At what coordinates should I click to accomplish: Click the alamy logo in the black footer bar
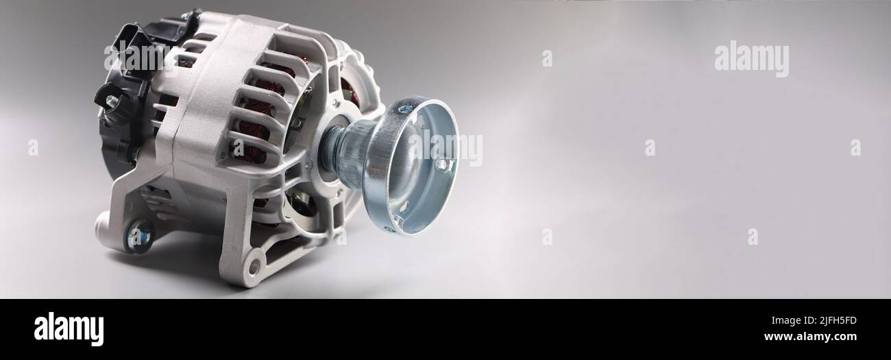pyautogui.click(x=69, y=329)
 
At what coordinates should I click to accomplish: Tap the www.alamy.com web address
pyautogui.click(x=810, y=337)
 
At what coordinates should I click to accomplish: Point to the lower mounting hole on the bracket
pyautogui.click(x=254, y=264)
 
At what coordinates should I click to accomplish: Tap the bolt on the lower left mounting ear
pyautogui.click(x=139, y=235)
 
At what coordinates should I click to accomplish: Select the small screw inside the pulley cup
pyautogui.click(x=442, y=164)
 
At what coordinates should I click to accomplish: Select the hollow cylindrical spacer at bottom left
pyautogui.click(x=103, y=223)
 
